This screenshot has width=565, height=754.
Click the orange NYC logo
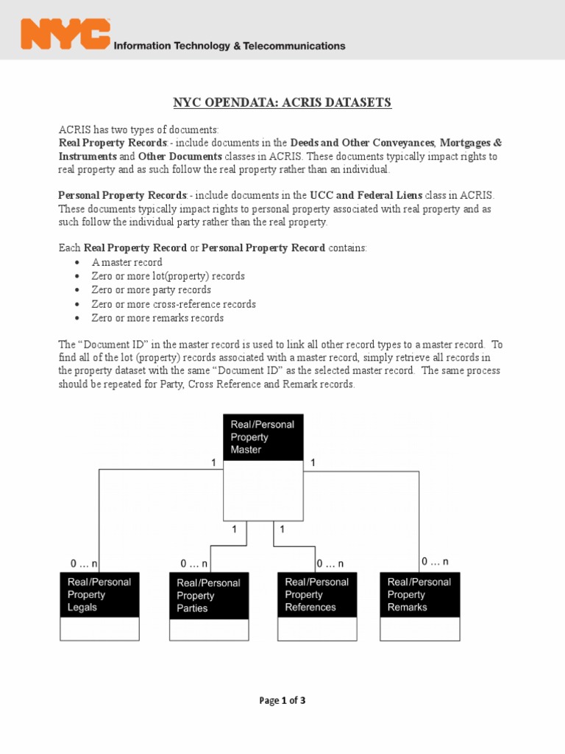[65, 35]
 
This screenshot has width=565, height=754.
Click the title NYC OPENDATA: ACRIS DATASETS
[282, 102]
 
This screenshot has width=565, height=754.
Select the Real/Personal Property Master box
[263, 437]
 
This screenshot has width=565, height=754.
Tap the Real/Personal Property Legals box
[99, 595]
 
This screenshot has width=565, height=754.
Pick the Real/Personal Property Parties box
[209, 596]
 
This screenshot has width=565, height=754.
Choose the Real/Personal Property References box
[317, 595]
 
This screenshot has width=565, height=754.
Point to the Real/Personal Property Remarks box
[419, 595]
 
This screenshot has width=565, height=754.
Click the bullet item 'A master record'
[127, 262]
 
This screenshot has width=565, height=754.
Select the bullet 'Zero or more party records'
[151, 290]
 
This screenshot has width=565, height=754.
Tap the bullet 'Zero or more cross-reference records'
[174, 304]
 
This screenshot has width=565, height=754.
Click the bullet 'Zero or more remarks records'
[157, 318]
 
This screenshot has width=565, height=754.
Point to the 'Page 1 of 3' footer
[282, 700]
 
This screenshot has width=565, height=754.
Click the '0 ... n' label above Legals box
[85, 563]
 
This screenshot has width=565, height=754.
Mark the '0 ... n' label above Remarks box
[435, 561]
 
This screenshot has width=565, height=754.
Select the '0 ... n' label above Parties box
[194, 563]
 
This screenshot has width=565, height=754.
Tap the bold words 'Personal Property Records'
[122, 195]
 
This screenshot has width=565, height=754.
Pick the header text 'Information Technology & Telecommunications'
[229, 46]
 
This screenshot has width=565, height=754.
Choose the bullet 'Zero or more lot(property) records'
[168, 276]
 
